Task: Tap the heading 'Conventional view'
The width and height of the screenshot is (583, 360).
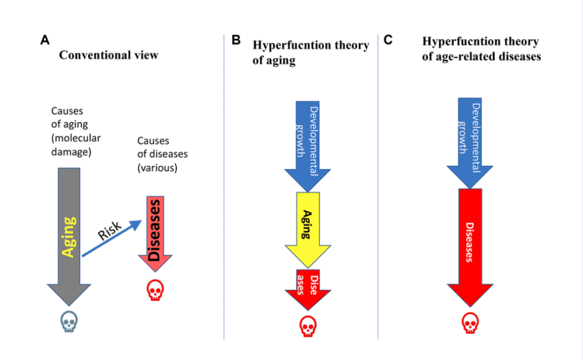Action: click(109, 55)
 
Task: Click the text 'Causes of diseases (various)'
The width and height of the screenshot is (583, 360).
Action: click(162, 153)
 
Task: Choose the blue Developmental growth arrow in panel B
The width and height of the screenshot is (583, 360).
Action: click(308, 142)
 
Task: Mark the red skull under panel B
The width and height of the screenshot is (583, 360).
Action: click(308, 326)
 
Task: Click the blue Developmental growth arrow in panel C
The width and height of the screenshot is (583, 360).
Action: click(470, 140)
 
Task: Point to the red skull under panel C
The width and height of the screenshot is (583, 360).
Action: click(470, 322)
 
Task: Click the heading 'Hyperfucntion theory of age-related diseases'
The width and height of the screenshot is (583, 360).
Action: click(481, 50)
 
